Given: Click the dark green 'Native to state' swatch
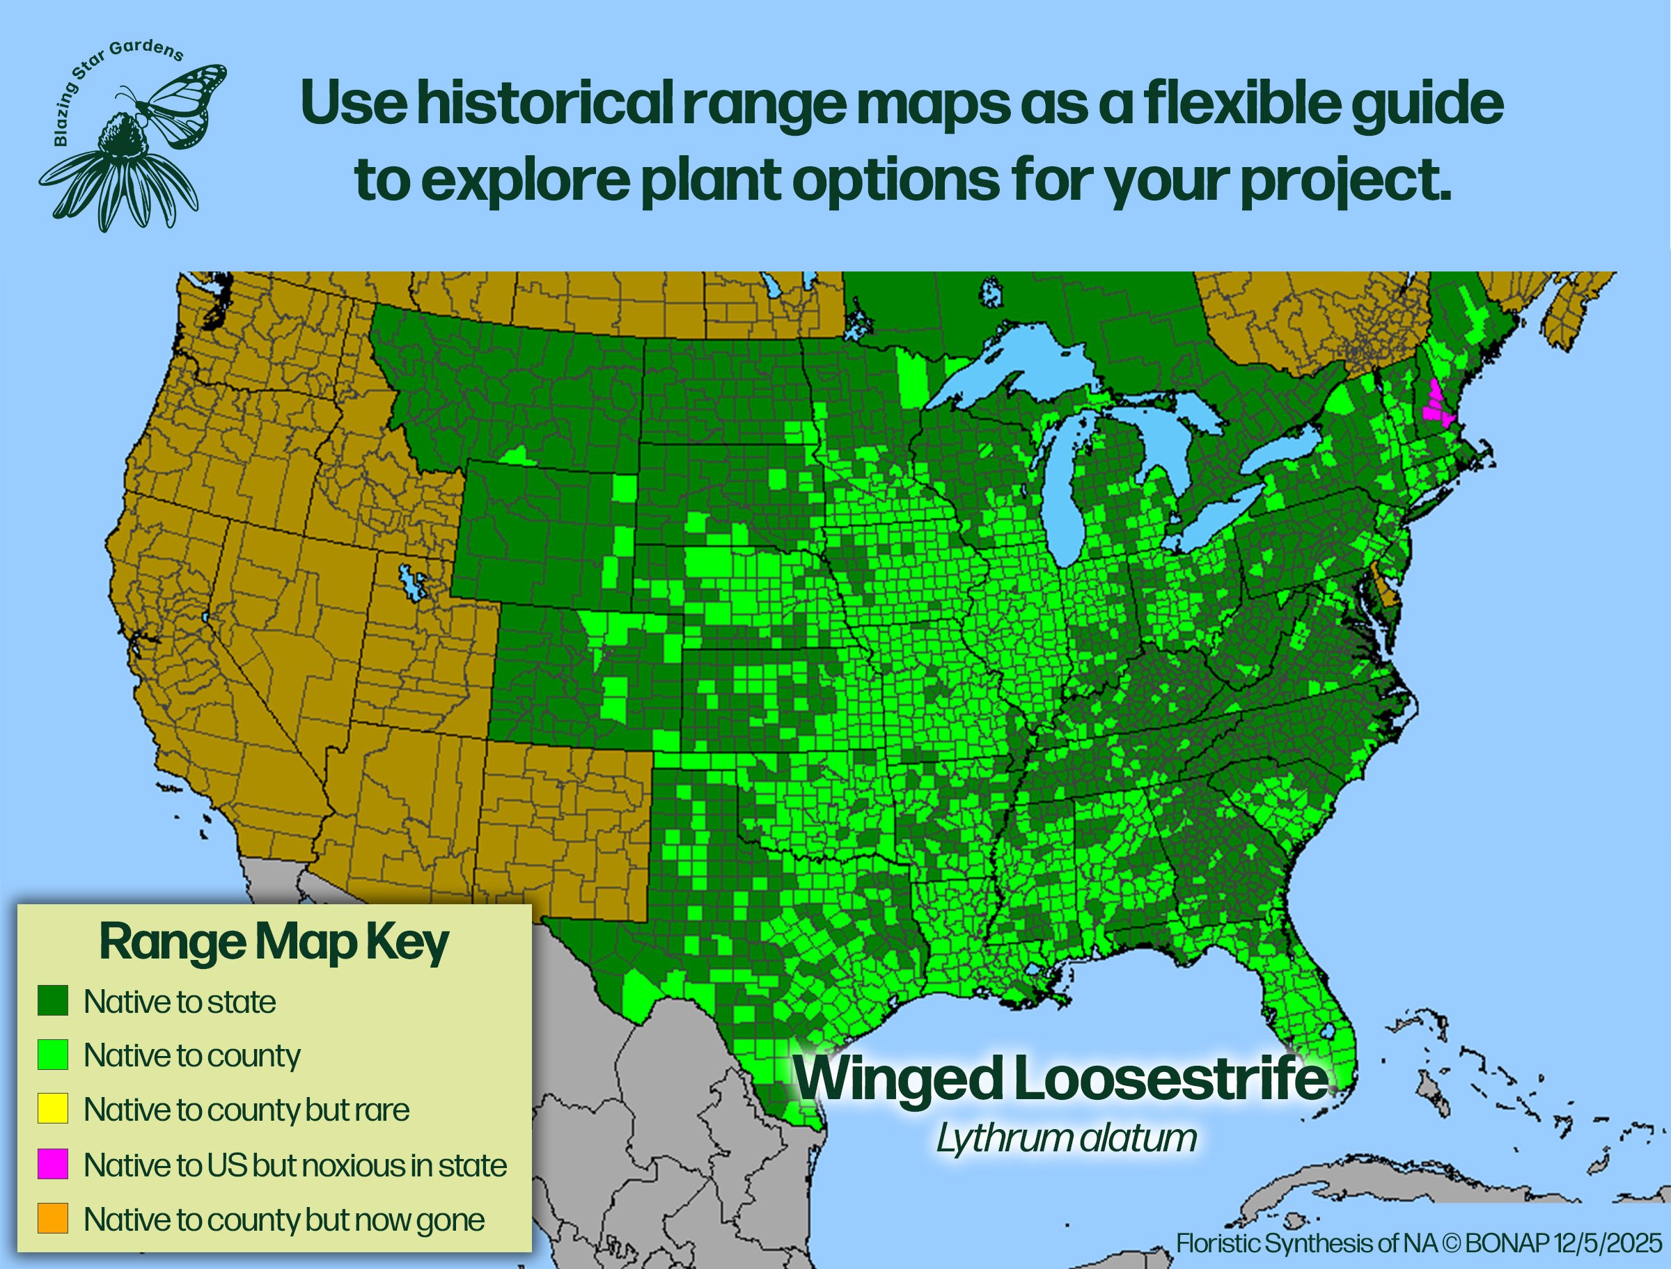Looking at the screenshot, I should pyautogui.click(x=53, y=1001).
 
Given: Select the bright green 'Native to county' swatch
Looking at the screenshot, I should pyautogui.click(x=53, y=1055).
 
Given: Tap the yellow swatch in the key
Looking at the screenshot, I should pyautogui.click(x=53, y=1109).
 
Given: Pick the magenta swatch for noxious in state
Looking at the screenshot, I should pyautogui.click(x=53, y=1164).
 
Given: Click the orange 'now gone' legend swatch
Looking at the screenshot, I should pyautogui.click(x=53, y=1218).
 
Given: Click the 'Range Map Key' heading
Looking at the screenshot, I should pyautogui.click(x=274, y=943).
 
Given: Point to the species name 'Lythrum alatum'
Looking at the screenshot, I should pyautogui.click(x=1066, y=1138).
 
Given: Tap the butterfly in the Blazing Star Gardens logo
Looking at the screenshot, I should pyautogui.click(x=181, y=102).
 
